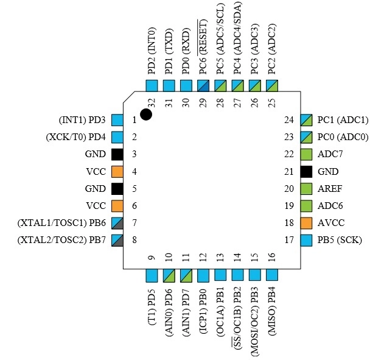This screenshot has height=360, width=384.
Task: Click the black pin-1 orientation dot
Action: (146, 115)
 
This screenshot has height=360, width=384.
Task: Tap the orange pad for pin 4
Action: (117, 172)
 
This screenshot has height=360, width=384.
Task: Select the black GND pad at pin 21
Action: (306, 172)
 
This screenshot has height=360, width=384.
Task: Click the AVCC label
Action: (331, 223)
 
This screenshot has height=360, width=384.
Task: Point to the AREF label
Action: (330, 189)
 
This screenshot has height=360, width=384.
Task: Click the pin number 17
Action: (289, 240)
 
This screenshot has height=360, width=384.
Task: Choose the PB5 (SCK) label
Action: (340, 240)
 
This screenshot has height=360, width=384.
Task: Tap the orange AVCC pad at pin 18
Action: (306, 223)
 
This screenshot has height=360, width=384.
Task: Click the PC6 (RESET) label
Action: (203, 46)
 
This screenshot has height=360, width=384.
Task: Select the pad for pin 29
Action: (203, 86)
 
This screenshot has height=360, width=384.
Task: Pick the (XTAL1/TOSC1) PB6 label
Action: (61, 223)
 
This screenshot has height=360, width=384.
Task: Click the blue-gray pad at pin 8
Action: (117, 240)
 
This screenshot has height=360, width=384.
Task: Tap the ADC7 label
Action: (330, 154)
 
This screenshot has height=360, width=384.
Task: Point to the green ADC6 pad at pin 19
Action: (306, 206)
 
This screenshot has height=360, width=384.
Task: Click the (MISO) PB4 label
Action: (272, 311)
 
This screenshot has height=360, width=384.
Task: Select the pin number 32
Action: (152, 103)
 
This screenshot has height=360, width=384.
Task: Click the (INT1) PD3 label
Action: (82, 120)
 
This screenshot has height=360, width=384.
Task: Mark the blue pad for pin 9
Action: (152, 275)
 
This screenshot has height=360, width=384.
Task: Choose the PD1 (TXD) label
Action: (169, 51)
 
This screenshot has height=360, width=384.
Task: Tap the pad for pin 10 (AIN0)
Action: (169, 275)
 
